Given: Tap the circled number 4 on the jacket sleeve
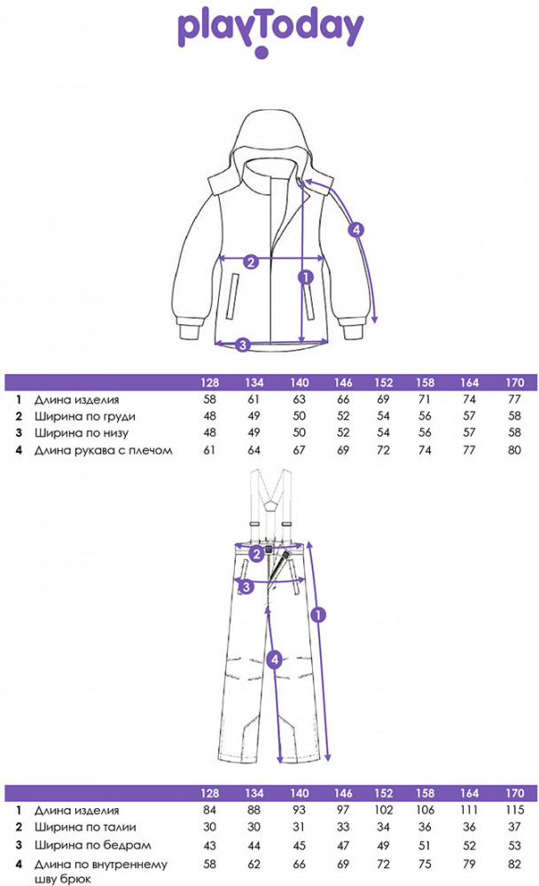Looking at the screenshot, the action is (355, 229).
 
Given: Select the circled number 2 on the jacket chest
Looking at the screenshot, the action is (251, 261).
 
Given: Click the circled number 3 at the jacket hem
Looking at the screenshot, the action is (243, 344).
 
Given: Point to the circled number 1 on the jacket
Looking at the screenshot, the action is (306, 276).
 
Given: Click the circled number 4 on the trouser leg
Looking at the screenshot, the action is (275, 659).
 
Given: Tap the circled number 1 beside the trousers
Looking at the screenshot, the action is (318, 614).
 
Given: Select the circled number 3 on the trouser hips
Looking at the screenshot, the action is (246, 587).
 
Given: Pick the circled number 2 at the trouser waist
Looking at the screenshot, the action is (257, 555).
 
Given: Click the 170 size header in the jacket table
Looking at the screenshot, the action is (515, 383).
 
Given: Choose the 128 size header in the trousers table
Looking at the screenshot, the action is (210, 793).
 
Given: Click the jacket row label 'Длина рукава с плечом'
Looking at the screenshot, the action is (104, 450).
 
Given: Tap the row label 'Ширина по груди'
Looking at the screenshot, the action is (85, 416).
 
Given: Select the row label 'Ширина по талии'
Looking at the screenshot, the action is (85, 828).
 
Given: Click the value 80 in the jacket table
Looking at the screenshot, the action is (514, 450).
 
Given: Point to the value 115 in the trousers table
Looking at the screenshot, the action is (515, 810).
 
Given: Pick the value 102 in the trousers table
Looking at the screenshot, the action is (384, 810).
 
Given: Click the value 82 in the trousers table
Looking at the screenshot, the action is (514, 864).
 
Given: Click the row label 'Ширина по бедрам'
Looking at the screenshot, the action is (93, 845).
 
